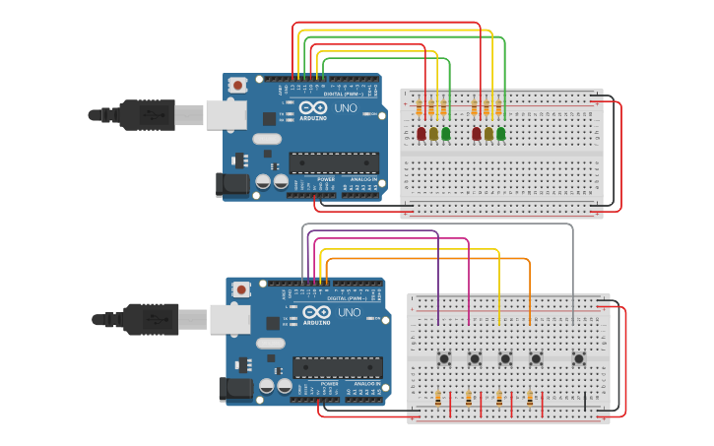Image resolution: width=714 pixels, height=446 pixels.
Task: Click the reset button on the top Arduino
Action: point(237,86)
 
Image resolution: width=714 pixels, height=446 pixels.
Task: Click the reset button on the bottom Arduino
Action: point(241,289)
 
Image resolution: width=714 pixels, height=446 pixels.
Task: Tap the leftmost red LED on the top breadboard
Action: point(422,133)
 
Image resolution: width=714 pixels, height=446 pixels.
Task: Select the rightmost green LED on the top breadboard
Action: point(500,133)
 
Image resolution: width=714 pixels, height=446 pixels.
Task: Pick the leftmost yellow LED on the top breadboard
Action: point(433,133)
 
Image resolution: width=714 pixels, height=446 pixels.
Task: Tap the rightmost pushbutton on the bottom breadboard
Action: point(579,358)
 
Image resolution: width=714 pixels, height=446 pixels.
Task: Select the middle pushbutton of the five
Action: point(506,358)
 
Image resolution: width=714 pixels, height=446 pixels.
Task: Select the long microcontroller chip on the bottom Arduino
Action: point(337,367)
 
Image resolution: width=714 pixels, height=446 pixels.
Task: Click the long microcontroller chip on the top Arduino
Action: point(333,163)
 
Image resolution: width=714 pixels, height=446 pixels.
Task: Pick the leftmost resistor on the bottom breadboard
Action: point(438,399)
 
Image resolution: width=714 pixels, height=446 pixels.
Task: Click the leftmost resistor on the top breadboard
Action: point(422,107)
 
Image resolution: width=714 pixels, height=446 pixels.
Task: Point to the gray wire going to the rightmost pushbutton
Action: point(572,276)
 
